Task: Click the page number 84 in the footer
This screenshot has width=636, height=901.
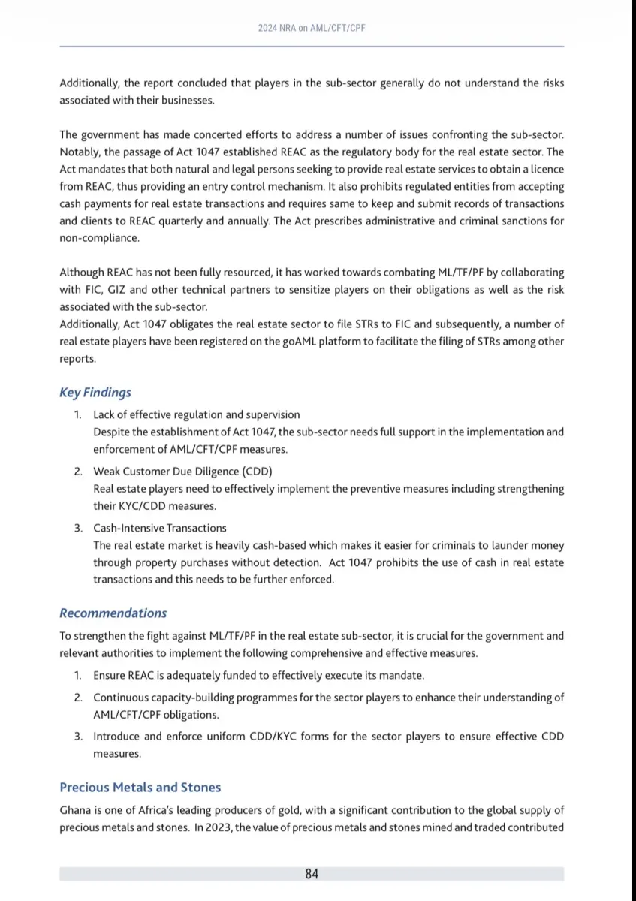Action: tap(312, 874)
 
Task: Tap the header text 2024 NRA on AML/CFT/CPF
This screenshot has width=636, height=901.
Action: tap(312, 27)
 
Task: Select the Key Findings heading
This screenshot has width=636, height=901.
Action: tap(95, 392)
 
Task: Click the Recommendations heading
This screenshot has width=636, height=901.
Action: tap(113, 613)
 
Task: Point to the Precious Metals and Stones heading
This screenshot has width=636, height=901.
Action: tap(140, 788)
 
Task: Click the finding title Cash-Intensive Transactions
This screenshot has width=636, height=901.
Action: tap(160, 528)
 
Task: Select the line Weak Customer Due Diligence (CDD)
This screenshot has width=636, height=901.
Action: tap(182, 472)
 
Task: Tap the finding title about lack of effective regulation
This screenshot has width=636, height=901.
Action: tap(196, 414)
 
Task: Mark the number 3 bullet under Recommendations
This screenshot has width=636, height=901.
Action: tap(78, 736)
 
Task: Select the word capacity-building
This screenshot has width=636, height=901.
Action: tap(193, 697)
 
